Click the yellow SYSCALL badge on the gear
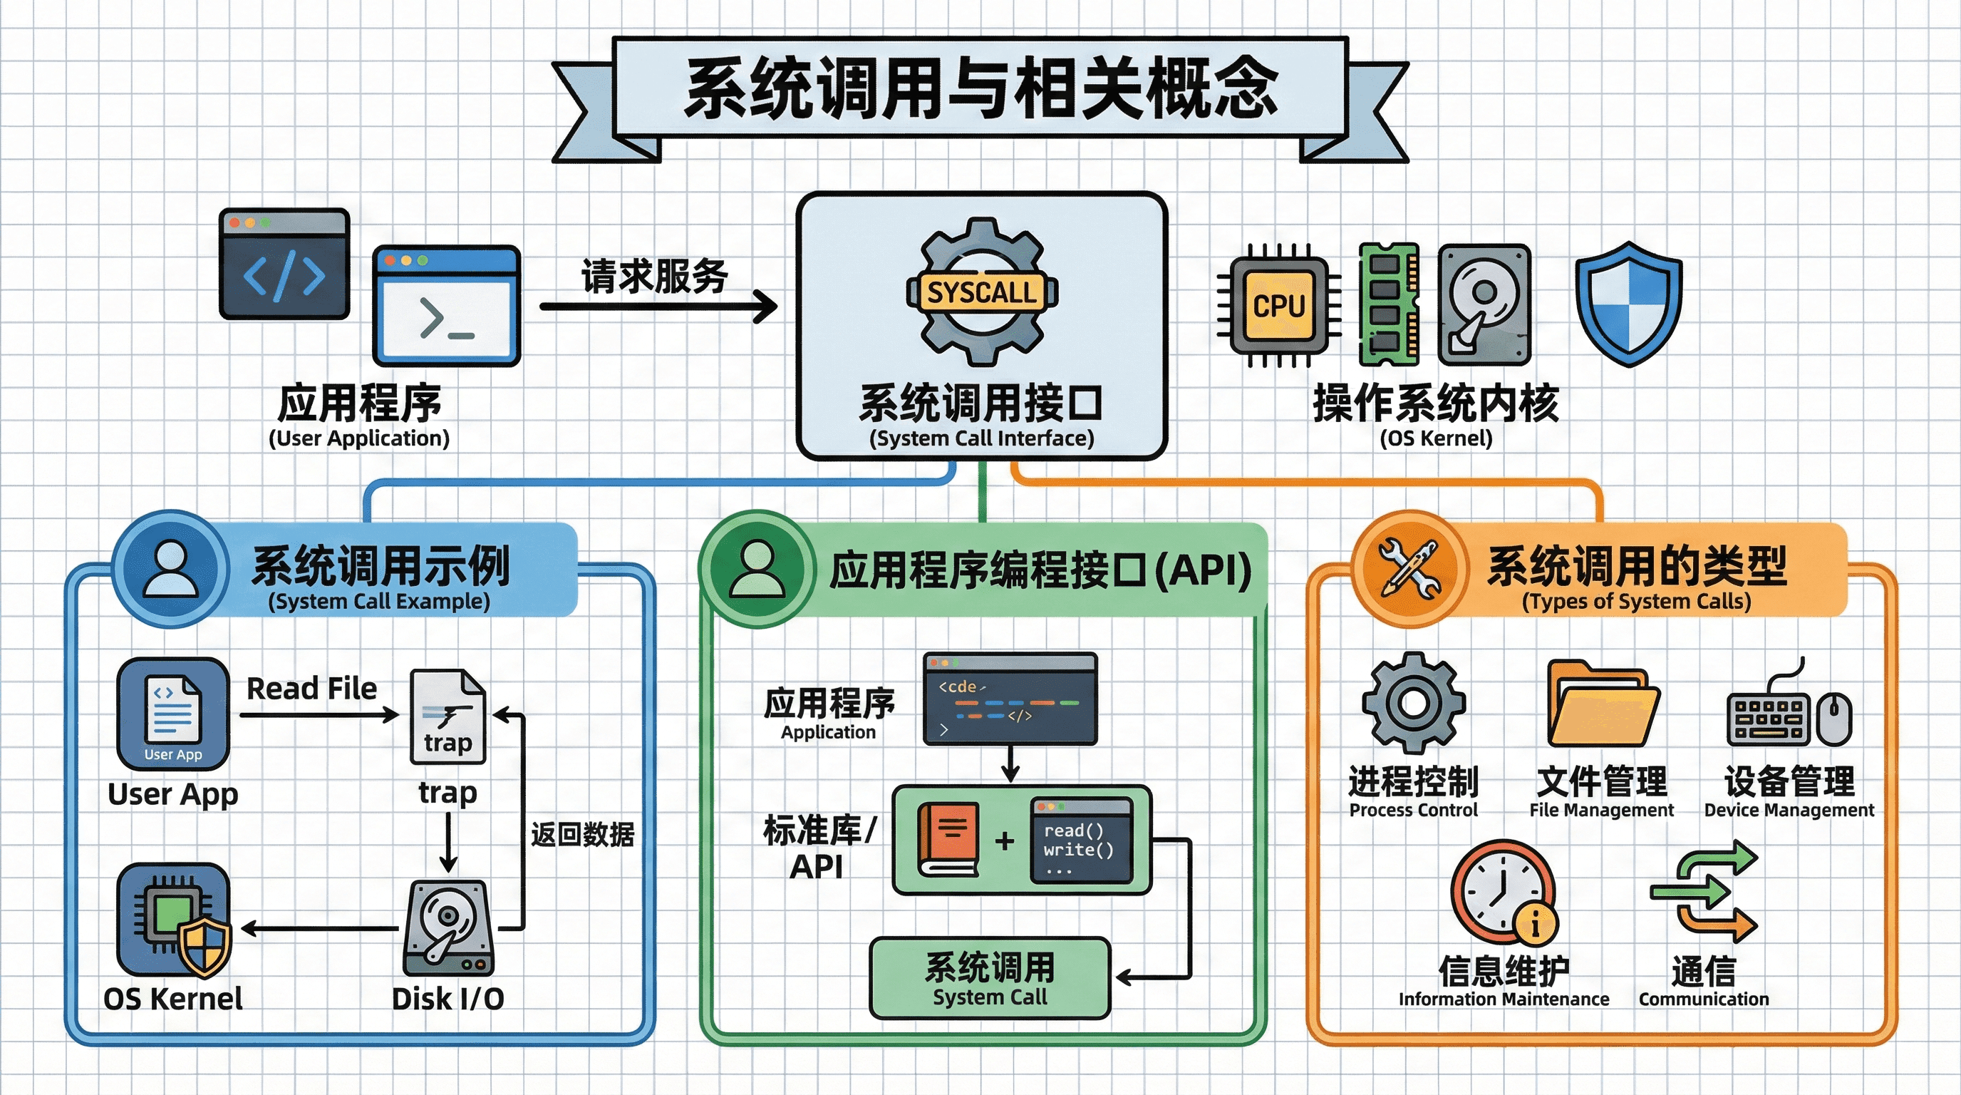[x=982, y=292]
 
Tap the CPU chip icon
[x=1279, y=306]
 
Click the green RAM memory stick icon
[x=1390, y=304]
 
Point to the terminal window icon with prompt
[x=446, y=306]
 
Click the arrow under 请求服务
[x=658, y=307]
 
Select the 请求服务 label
[x=655, y=276]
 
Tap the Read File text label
[x=312, y=689]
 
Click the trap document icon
[x=447, y=716]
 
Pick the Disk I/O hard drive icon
[x=448, y=927]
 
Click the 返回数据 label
[x=582, y=835]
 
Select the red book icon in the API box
[x=948, y=840]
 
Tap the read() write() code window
[x=1081, y=840]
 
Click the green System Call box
[x=990, y=978]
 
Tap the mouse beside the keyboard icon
[x=1835, y=719]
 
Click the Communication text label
[x=1704, y=999]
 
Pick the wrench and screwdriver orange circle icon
[x=1411, y=568]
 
